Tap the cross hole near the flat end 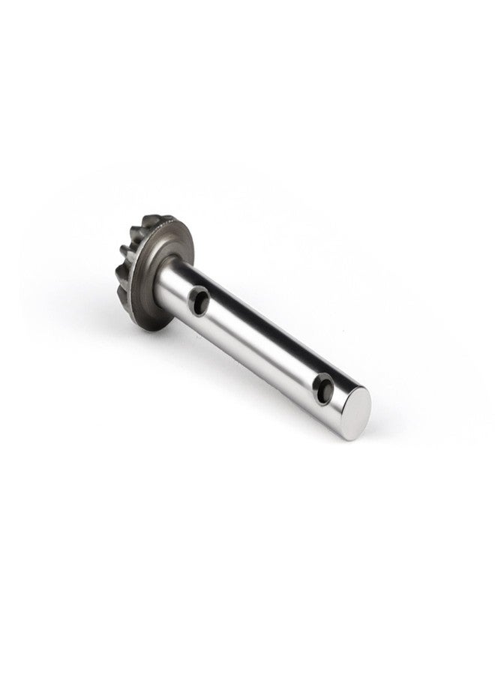tap(324, 389)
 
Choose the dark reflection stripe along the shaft tap(247, 319)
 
